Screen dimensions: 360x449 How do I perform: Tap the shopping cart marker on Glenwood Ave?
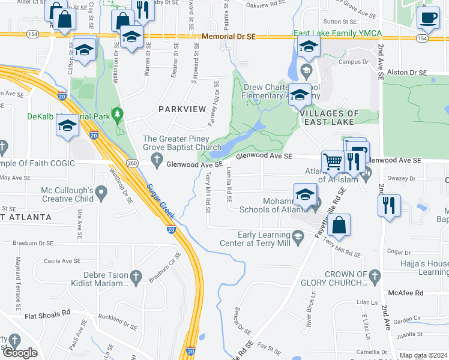click(x=333, y=161)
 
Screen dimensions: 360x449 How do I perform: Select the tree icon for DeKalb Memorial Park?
click(x=119, y=113)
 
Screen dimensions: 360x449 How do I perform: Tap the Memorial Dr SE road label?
click(x=229, y=37)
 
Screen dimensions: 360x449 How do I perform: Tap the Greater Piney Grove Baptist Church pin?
click(x=157, y=159)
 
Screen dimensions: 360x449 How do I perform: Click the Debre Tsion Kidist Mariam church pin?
click(x=136, y=277)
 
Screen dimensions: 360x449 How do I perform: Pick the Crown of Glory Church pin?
click(x=375, y=277)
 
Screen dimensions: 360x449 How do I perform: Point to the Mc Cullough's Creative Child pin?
click(x=101, y=193)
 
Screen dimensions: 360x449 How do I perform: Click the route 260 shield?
click(x=133, y=163)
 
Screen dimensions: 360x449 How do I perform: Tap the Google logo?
click(x=20, y=353)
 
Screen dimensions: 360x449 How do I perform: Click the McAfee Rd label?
click(x=406, y=293)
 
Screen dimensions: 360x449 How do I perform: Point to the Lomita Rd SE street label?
click(x=229, y=181)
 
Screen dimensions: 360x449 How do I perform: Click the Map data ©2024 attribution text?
click(x=423, y=355)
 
